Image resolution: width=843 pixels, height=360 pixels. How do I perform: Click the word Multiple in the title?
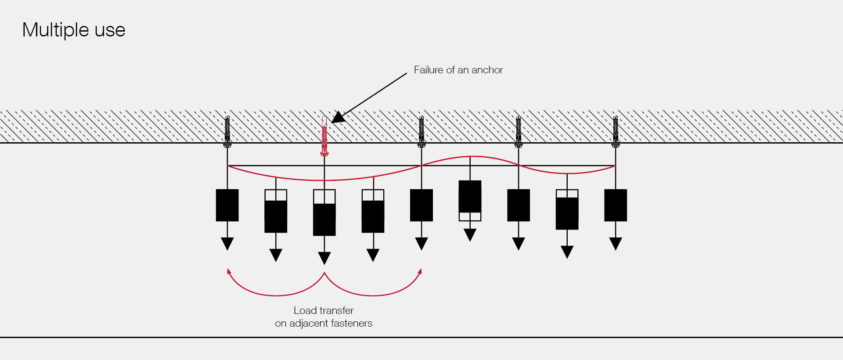pyautogui.click(x=56, y=30)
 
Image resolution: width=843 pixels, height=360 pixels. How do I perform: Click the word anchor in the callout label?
pyautogui.click(x=487, y=70)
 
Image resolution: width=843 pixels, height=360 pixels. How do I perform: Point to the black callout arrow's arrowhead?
pyautogui.click(x=338, y=118)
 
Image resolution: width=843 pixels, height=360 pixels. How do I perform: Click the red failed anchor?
pyautogui.click(x=324, y=136)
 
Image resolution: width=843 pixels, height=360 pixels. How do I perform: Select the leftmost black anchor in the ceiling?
pyautogui.click(x=227, y=131)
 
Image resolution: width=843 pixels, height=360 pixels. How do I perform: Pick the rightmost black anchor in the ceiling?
pyautogui.click(x=616, y=131)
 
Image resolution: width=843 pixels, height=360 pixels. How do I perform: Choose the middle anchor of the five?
pyautogui.click(x=421, y=131)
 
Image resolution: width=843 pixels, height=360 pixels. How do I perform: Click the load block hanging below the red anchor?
pyautogui.click(x=324, y=213)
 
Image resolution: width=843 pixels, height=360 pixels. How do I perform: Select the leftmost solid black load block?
pyautogui.click(x=227, y=205)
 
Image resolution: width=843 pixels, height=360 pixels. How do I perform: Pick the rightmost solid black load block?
pyautogui.click(x=616, y=205)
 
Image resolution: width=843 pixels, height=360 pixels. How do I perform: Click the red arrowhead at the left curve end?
pyautogui.click(x=229, y=271)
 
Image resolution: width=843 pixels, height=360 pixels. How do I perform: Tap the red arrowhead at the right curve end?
pyautogui.click(x=420, y=271)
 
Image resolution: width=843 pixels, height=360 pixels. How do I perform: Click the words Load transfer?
pyautogui.click(x=324, y=310)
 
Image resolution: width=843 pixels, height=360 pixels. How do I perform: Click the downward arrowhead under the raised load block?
pyautogui.click(x=470, y=235)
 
